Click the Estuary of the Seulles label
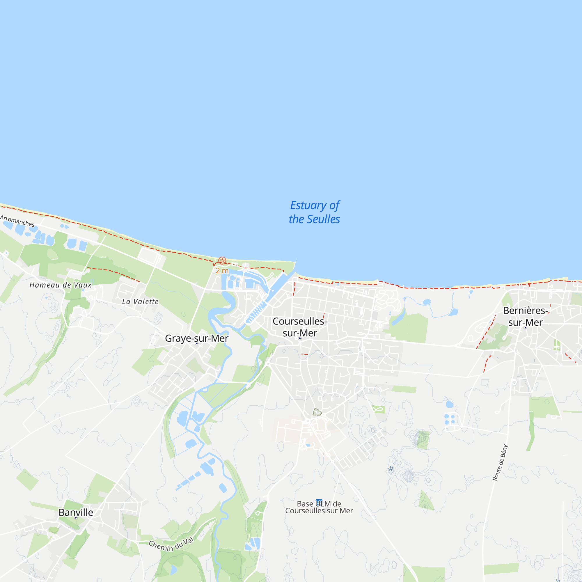click(x=314, y=212)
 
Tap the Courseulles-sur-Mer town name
click(x=300, y=327)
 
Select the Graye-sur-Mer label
click(x=196, y=338)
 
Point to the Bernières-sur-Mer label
click(x=525, y=316)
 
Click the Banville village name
click(x=76, y=512)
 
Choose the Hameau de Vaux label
click(x=60, y=285)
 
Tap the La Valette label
click(x=140, y=301)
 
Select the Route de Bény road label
click(x=500, y=463)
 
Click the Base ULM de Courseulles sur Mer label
click(x=319, y=507)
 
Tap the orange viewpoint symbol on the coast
click(x=222, y=260)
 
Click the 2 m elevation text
click(x=222, y=271)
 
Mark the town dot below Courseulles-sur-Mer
click(x=300, y=338)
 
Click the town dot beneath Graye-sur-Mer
click(x=196, y=343)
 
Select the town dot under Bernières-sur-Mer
click(x=525, y=327)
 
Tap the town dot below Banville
click(x=76, y=517)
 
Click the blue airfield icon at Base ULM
click(x=319, y=502)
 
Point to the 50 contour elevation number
click(x=391, y=469)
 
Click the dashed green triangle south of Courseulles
click(x=317, y=412)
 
